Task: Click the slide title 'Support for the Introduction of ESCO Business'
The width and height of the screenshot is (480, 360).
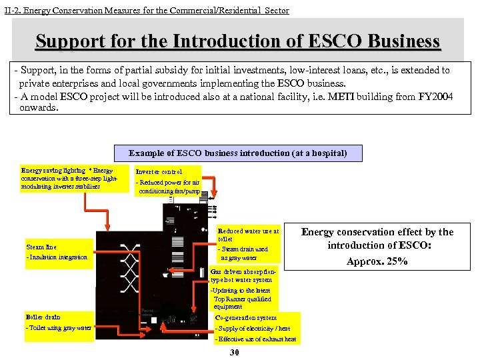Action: click(x=238, y=42)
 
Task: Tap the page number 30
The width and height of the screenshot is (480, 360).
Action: click(x=234, y=352)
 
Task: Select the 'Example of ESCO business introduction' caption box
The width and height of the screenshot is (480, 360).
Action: click(x=238, y=153)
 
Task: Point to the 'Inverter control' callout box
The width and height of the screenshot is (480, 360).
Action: click(x=168, y=181)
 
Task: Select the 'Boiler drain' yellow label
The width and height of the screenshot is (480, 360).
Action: click(x=58, y=322)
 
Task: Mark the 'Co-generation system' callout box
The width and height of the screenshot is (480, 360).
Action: click(x=257, y=329)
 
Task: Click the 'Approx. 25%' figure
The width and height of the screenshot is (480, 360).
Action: click(x=377, y=261)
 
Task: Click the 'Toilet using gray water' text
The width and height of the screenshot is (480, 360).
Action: click(x=59, y=328)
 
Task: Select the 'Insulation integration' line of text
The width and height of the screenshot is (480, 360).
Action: click(x=57, y=257)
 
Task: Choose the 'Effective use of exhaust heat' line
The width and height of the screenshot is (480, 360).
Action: click(x=256, y=339)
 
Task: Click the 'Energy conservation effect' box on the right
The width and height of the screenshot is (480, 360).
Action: click(x=377, y=246)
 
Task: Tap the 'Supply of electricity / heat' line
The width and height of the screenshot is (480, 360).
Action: click(x=253, y=329)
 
